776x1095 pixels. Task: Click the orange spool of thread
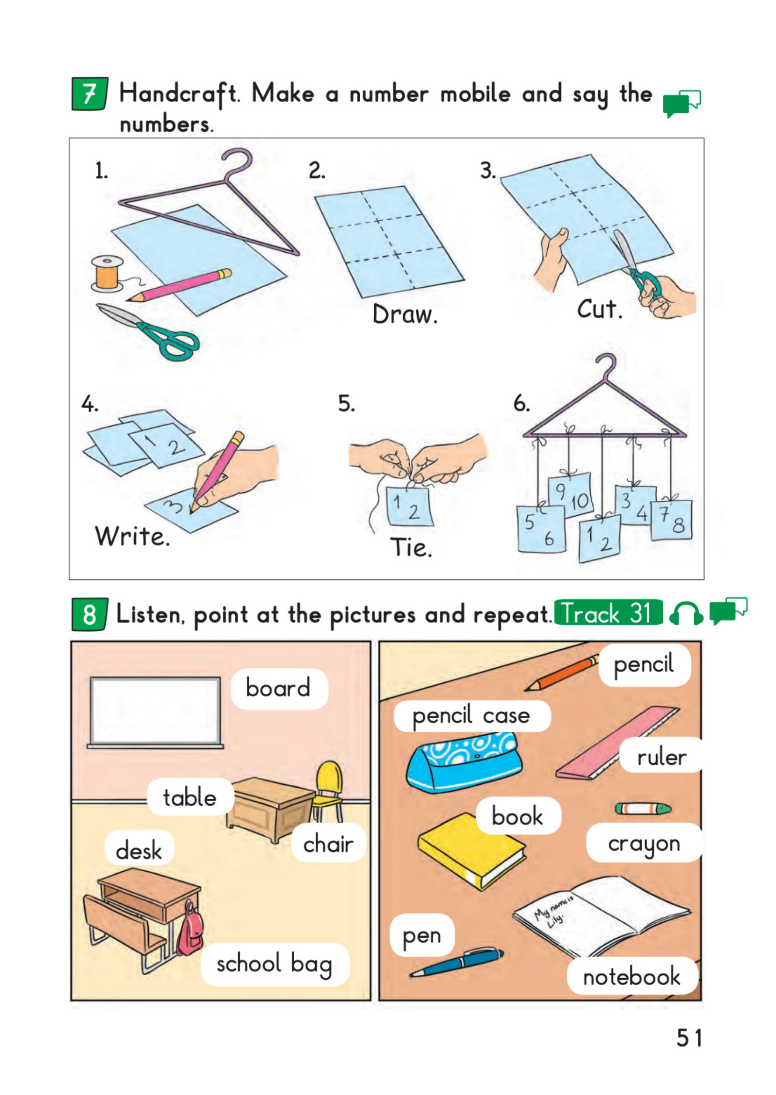coord(107,274)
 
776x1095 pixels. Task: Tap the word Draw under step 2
coord(405,314)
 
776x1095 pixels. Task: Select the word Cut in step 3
coord(600,309)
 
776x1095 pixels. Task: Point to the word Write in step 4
coord(132,536)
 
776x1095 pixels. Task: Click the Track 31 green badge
coord(608,612)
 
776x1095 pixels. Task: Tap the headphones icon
coord(686,613)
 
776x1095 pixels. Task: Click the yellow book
coord(471,851)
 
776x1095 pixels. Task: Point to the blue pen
coord(457,962)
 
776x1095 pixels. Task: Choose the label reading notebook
coord(631,977)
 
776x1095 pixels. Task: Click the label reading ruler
coord(662,757)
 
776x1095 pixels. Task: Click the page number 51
coord(689,1037)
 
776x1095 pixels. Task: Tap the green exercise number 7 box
coord(89,94)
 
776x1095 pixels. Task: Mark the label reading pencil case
coord(471,716)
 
